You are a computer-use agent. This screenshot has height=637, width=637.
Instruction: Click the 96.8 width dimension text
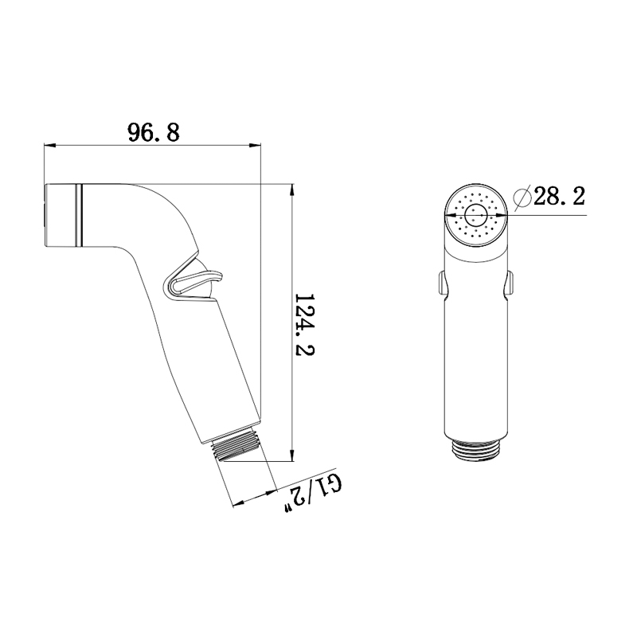153,132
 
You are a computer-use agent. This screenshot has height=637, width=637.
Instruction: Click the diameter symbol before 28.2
522,196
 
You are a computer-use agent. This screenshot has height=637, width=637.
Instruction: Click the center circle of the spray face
475,214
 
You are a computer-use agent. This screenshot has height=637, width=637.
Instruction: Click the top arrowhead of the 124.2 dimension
294,190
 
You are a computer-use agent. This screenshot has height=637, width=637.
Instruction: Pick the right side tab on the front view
510,284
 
